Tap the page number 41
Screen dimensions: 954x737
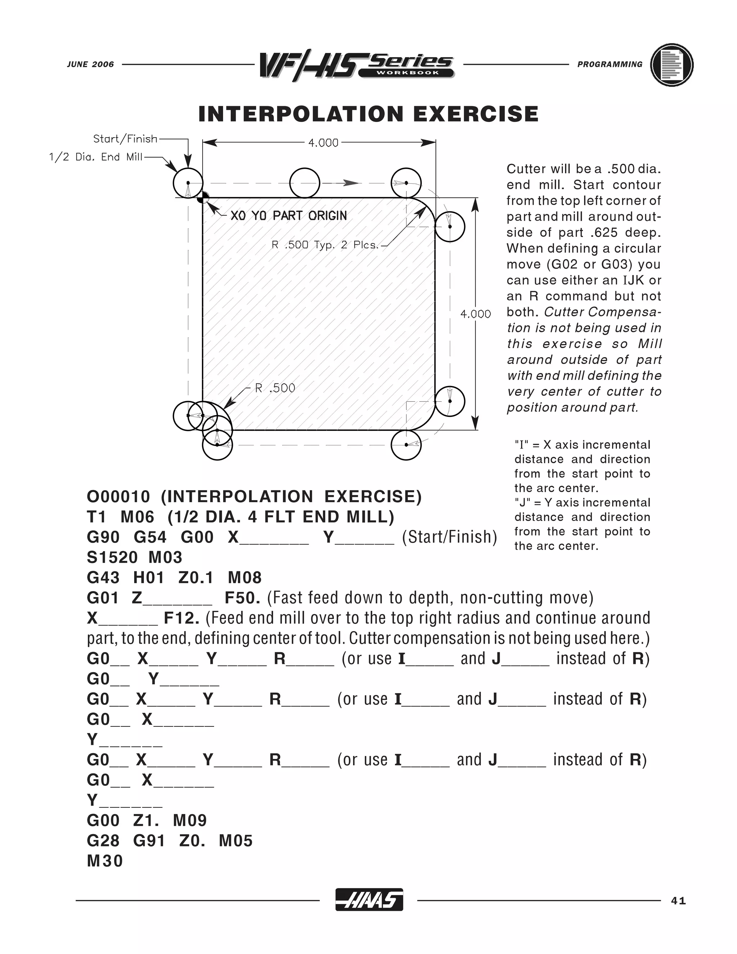point(678,900)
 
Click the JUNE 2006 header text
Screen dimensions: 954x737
point(90,64)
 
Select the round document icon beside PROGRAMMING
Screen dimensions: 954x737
point(672,65)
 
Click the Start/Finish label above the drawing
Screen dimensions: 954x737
point(125,139)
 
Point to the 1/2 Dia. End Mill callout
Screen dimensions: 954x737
point(96,157)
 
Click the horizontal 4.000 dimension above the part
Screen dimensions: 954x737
point(323,143)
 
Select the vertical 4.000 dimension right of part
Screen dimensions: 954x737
point(475,314)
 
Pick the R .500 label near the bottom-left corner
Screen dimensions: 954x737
point(275,388)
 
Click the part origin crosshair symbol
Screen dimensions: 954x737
point(203,198)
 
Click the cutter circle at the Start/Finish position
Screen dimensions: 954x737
point(188,183)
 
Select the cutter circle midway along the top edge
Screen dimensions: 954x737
point(305,183)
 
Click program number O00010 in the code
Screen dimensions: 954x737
point(118,497)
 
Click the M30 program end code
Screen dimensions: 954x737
point(105,861)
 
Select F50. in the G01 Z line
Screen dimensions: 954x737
point(242,598)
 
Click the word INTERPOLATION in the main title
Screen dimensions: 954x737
point(301,114)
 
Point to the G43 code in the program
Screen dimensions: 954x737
point(103,577)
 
